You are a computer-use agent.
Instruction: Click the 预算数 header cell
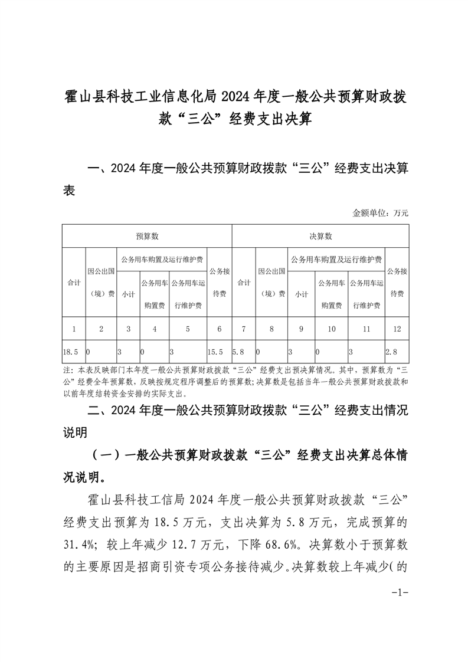(x=147, y=236)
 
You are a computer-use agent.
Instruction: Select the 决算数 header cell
(x=320, y=236)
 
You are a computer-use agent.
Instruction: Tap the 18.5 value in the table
(x=70, y=352)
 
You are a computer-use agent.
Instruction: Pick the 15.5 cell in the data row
(x=216, y=352)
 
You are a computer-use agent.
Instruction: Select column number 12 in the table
(x=396, y=329)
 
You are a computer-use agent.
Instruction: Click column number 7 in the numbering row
(x=244, y=329)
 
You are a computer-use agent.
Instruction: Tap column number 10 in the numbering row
(x=331, y=329)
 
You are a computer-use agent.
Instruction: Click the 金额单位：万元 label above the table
(x=380, y=212)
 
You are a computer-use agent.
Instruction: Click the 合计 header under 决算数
(x=244, y=283)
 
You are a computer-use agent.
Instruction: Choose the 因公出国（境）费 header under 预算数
(x=101, y=283)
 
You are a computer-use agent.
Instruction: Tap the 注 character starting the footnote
(x=66, y=371)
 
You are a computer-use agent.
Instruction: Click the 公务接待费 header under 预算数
(x=219, y=283)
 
